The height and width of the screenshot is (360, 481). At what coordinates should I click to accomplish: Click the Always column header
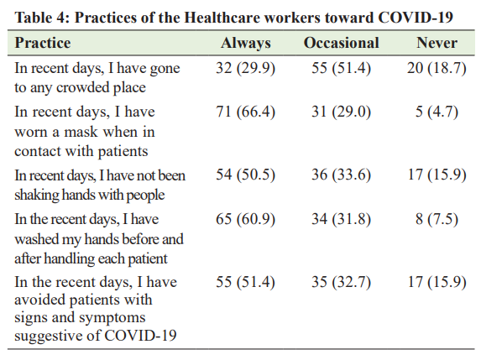(x=246, y=44)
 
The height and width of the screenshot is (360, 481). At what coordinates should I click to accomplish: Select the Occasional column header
(x=341, y=43)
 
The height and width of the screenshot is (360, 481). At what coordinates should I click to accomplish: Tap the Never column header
(x=437, y=43)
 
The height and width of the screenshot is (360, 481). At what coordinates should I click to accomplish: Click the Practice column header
(x=43, y=43)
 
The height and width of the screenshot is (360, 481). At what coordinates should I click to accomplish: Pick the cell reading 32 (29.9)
(x=245, y=68)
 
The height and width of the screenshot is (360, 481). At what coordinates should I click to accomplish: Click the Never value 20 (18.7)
(x=437, y=68)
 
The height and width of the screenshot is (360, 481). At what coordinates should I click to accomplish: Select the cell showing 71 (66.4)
(x=245, y=112)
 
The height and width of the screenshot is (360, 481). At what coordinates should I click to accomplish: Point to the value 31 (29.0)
(x=341, y=112)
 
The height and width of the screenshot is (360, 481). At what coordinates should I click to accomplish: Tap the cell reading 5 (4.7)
(x=437, y=112)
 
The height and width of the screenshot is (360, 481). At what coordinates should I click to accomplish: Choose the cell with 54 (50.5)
(x=245, y=175)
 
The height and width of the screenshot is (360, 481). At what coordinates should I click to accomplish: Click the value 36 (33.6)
(x=341, y=175)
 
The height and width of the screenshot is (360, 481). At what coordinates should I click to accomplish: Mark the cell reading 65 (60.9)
(x=245, y=219)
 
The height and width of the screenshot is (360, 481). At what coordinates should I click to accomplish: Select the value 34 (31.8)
(x=341, y=219)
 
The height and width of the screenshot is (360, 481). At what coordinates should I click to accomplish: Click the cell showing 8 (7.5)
(x=437, y=219)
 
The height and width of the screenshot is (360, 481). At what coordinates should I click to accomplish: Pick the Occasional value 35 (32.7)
(x=341, y=282)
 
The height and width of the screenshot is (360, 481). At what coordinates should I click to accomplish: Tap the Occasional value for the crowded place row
(x=341, y=68)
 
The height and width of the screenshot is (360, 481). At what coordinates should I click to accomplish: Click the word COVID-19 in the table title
(x=416, y=18)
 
